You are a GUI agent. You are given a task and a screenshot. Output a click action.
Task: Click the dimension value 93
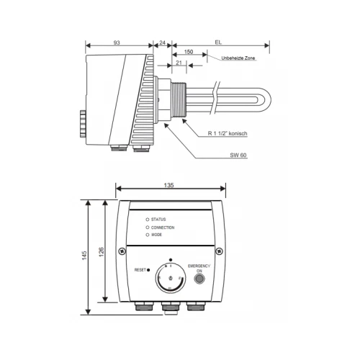click(117, 42)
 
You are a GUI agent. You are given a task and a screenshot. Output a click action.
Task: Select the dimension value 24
click(163, 42)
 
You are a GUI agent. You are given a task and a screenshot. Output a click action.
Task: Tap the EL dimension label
click(217, 42)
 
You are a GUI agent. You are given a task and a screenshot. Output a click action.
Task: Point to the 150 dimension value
click(189, 53)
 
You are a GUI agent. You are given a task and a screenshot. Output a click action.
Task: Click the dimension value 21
click(179, 63)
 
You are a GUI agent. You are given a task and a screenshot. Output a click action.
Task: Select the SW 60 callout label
click(238, 156)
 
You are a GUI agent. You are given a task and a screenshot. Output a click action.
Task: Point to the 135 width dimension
click(170, 185)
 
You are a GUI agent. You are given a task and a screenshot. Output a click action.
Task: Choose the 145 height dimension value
click(85, 255)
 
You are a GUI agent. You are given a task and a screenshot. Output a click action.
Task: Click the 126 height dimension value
click(102, 250)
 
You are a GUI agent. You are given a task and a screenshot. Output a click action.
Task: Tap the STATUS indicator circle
click(148, 219)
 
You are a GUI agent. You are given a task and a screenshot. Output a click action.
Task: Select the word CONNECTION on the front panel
click(163, 227)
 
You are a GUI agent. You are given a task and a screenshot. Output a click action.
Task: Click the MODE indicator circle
click(148, 235)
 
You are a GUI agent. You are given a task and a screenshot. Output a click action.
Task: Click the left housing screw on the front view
click(122, 251)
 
